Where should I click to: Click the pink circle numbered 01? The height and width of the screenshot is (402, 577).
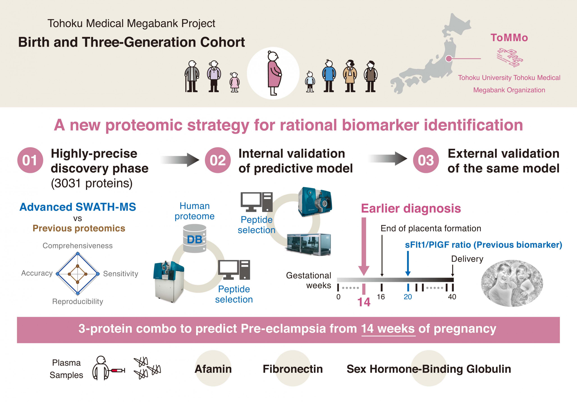[x=30, y=160]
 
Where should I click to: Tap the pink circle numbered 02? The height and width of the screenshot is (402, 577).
[x=218, y=160]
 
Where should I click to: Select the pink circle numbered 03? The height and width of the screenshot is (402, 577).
[x=426, y=160]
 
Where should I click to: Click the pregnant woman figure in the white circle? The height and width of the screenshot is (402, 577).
[x=274, y=73]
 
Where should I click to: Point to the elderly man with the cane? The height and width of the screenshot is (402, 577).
[x=192, y=76]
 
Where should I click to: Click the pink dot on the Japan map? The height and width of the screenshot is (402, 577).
[x=449, y=59]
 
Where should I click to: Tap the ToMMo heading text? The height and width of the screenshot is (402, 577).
[x=509, y=38]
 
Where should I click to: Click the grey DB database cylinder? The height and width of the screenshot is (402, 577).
[x=195, y=238]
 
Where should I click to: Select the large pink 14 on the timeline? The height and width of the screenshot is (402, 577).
[x=364, y=302]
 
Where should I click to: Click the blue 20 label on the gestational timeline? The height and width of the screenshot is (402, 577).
[x=408, y=297]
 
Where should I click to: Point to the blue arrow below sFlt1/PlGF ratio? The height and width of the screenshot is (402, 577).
[x=408, y=263]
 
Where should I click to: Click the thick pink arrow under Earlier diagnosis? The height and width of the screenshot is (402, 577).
[x=364, y=247]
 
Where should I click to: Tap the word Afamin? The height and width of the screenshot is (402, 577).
[x=213, y=369]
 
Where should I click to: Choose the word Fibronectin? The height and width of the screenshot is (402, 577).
[x=293, y=369]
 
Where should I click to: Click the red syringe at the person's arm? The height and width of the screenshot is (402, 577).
[x=117, y=370]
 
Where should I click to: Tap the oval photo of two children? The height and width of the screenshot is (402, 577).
[x=512, y=283]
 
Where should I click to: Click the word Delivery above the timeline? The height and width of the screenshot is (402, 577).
[x=467, y=259]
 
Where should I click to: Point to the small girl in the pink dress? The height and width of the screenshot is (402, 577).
[x=234, y=82]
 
